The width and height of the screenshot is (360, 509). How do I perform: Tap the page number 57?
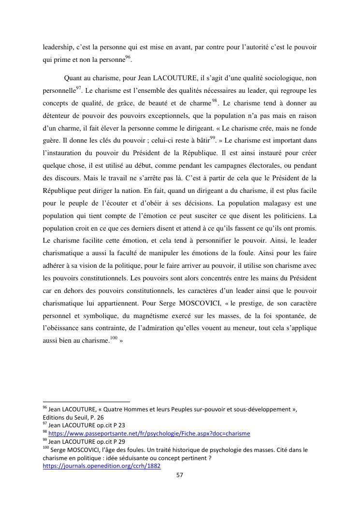179,475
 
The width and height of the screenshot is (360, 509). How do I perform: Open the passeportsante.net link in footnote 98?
149,434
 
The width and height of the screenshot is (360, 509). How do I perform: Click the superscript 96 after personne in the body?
128,58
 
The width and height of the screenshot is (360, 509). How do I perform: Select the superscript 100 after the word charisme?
114,338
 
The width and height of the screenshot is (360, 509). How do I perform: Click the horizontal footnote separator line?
86,401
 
